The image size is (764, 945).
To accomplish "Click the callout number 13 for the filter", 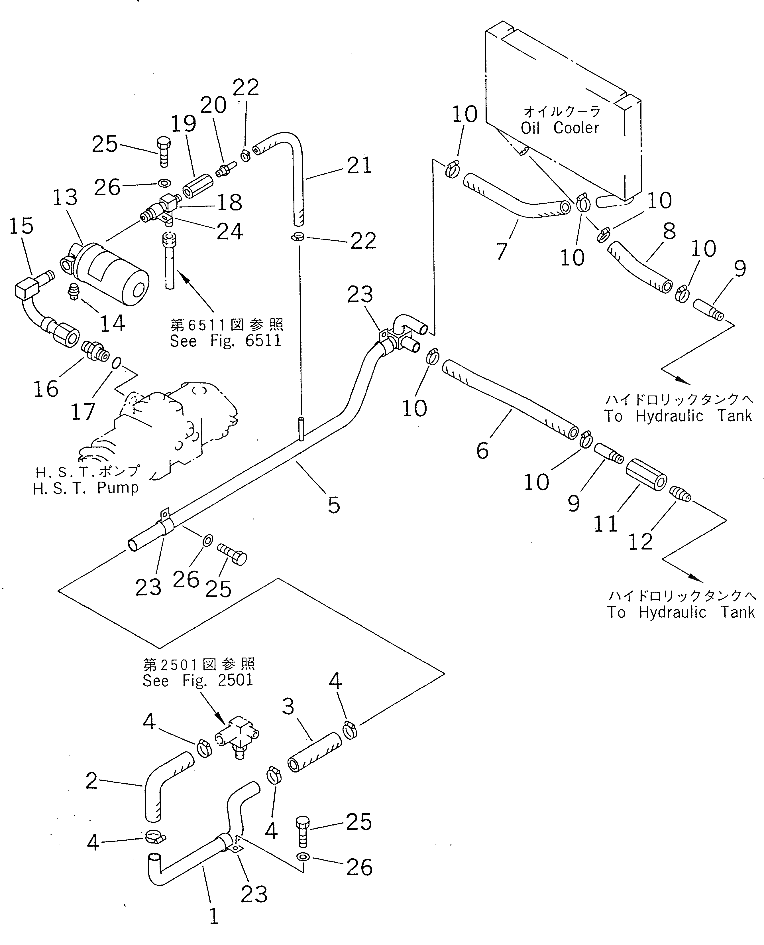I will [65, 198].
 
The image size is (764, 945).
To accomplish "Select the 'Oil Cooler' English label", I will [560, 128].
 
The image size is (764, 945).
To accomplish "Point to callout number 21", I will [359, 166].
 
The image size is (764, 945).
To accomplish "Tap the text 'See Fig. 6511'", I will [225, 341].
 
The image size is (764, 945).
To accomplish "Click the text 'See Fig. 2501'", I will [197, 680].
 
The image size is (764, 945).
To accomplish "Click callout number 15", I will [21, 226].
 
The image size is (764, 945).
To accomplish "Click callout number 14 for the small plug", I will [113, 324].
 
